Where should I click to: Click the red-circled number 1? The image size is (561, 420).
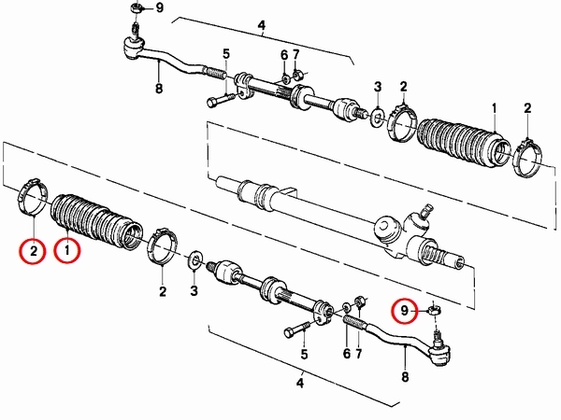point(67,251)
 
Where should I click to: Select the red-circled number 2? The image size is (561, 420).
point(33,251)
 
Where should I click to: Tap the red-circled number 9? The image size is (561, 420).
point(404,311)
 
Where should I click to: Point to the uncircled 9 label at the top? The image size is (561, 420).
point(159,7)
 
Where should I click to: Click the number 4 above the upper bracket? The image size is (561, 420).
point(262,25)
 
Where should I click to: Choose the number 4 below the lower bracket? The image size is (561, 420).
point(300,384)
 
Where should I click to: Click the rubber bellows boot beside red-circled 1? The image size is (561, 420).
point(96,222)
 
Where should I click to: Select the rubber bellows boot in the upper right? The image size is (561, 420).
point(465,142)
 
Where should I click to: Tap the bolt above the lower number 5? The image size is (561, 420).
point(297,329)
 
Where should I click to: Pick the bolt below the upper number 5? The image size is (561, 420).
point(221,99)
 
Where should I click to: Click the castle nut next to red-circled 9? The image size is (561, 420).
point(434,309)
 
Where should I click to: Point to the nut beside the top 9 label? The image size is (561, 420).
point(137,7)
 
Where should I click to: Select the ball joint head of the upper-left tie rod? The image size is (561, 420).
point(133,48)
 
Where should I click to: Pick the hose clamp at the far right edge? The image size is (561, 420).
point(528,158)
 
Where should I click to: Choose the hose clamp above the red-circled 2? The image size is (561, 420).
point(33,196)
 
